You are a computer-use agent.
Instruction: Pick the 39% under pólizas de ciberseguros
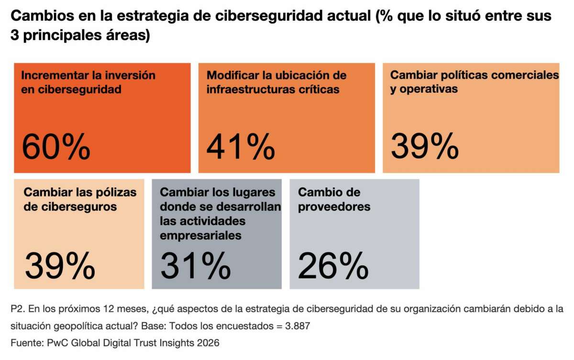point(60,266)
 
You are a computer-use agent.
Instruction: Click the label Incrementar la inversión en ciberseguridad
point(88,82)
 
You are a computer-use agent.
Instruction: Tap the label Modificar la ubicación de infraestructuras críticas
point(276,82)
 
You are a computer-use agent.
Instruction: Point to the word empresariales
point(201,235)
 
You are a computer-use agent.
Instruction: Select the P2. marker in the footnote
point(17,309)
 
